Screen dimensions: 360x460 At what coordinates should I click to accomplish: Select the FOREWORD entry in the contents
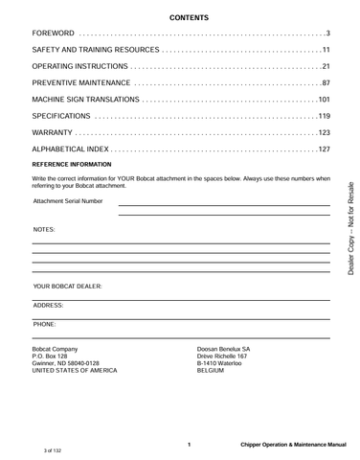point(54,35)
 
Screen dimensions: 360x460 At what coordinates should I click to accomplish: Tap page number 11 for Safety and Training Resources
point(326,51)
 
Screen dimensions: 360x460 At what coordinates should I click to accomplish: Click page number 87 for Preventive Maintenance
point(326,83)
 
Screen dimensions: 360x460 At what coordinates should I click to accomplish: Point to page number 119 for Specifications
point(324,116)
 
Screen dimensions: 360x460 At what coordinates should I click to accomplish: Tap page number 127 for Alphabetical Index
point(324,149)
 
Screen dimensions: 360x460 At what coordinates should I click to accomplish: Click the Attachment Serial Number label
point(68,202)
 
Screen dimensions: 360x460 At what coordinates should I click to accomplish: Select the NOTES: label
point(44,231)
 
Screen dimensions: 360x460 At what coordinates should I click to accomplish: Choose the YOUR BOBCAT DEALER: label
point(67,287)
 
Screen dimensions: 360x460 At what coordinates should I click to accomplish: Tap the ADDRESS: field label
point(49,305)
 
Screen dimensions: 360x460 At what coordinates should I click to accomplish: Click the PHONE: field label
point(44,324)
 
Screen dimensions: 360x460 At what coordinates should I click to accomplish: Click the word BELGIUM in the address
point(211,372)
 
